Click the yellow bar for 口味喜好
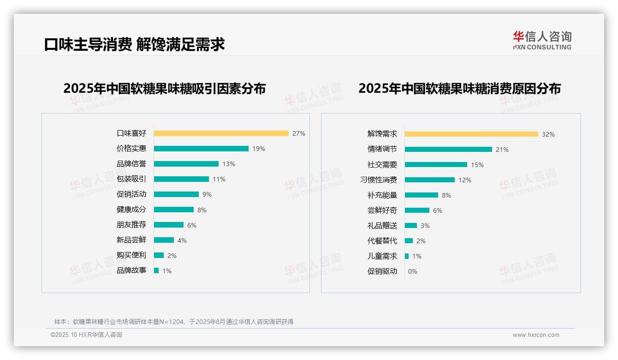[x=221, y=133]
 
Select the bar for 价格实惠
[x=201, y=149]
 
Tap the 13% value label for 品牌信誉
[x=228, y=164]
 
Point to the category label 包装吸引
[x=131, y=179]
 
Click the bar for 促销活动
[x=176, y=194]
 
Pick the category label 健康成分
[x=131, y=210]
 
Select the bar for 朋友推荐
[x=169, y=225]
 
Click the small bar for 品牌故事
[x=156, y=270]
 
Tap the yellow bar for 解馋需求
[x=471, y=134]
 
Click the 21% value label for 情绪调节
[x=502, y=150]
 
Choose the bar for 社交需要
[x=436, y=165]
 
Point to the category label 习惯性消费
[x=379, y=180]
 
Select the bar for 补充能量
[x=422, y=195]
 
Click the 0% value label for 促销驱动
[x=412, y=271]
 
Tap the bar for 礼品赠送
[x=411, y=226]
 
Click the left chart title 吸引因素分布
[x=164, y=88]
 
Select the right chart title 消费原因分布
[x=459, y=88]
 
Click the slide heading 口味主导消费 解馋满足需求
[x=134, y=44]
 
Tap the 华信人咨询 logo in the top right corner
[x=542, y=41]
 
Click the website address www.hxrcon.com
[x=536, y=335]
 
